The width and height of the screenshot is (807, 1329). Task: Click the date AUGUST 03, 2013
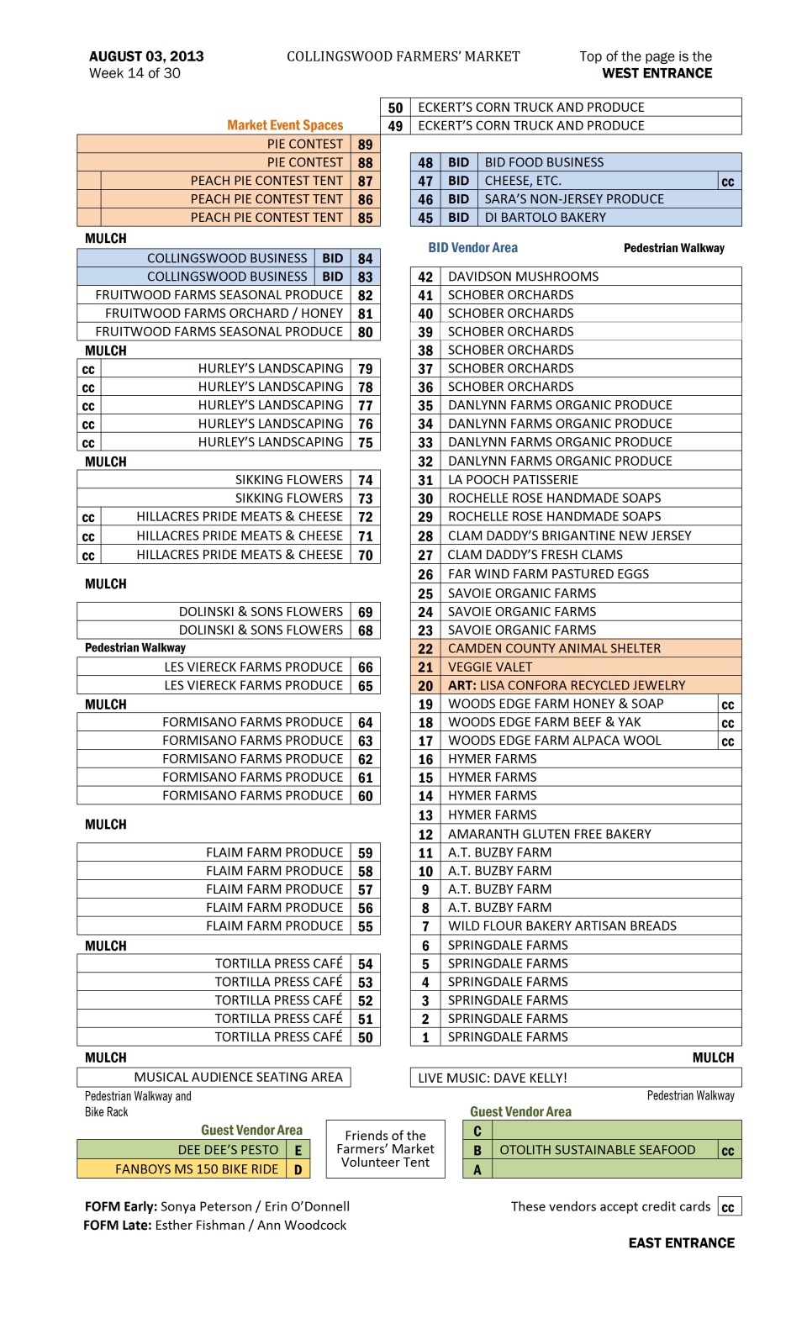146,56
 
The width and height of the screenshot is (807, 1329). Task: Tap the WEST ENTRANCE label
657,73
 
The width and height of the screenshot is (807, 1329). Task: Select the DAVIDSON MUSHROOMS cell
523,277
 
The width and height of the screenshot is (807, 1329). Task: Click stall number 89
365,145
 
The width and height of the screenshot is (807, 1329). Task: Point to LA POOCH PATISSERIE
513,479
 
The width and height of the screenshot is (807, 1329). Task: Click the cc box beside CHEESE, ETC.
728,181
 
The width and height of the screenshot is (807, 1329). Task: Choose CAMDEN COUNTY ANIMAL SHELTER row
554,648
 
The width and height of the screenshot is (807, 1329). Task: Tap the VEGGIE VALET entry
490,667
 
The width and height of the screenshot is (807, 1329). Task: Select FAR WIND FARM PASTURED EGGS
548,573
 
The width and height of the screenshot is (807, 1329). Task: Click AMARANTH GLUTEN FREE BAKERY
549,834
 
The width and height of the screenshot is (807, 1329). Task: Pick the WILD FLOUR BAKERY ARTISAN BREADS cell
562,926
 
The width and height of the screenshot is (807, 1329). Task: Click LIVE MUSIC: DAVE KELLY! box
493,1078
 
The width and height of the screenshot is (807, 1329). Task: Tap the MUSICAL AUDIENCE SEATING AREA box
238,1077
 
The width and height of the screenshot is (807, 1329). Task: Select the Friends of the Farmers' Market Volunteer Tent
385,1149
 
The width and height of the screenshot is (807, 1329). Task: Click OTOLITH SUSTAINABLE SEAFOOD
597,1150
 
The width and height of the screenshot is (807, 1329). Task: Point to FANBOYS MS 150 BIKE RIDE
197,1168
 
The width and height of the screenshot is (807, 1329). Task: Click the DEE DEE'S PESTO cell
228,1150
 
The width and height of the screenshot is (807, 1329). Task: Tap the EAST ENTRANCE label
681,1242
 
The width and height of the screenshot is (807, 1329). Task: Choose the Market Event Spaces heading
285,125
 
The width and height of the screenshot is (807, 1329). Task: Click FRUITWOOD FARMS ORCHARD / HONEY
224,314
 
